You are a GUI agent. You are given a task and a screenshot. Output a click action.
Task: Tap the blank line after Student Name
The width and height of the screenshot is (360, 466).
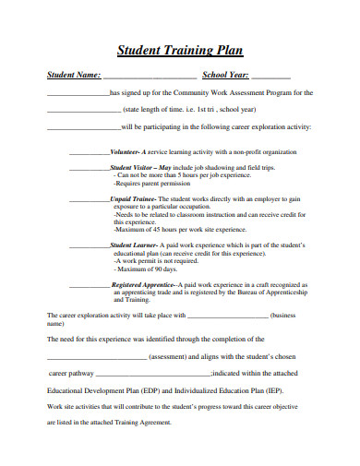pyautogui.click(x=149, y=76)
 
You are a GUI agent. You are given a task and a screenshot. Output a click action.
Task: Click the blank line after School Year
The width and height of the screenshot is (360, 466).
pyautogui.click(x=270, y=76)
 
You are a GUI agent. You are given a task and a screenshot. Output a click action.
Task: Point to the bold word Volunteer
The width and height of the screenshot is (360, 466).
pyautogui.click(x=124, y=150)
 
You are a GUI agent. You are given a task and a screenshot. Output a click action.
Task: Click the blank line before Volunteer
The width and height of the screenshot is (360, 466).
pyautogui.click(x=90, y=152)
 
